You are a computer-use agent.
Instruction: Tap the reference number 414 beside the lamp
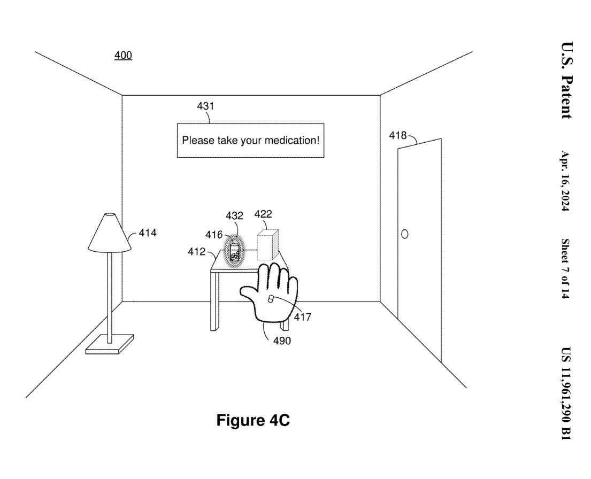click(147, 233)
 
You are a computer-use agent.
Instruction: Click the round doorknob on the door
click(405, 234)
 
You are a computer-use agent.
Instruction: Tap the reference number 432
click(234, 217)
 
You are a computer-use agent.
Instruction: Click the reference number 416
click(214, 234)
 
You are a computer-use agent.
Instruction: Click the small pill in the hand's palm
click(271, 299)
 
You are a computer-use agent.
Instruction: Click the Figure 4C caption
click(252, 420)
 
